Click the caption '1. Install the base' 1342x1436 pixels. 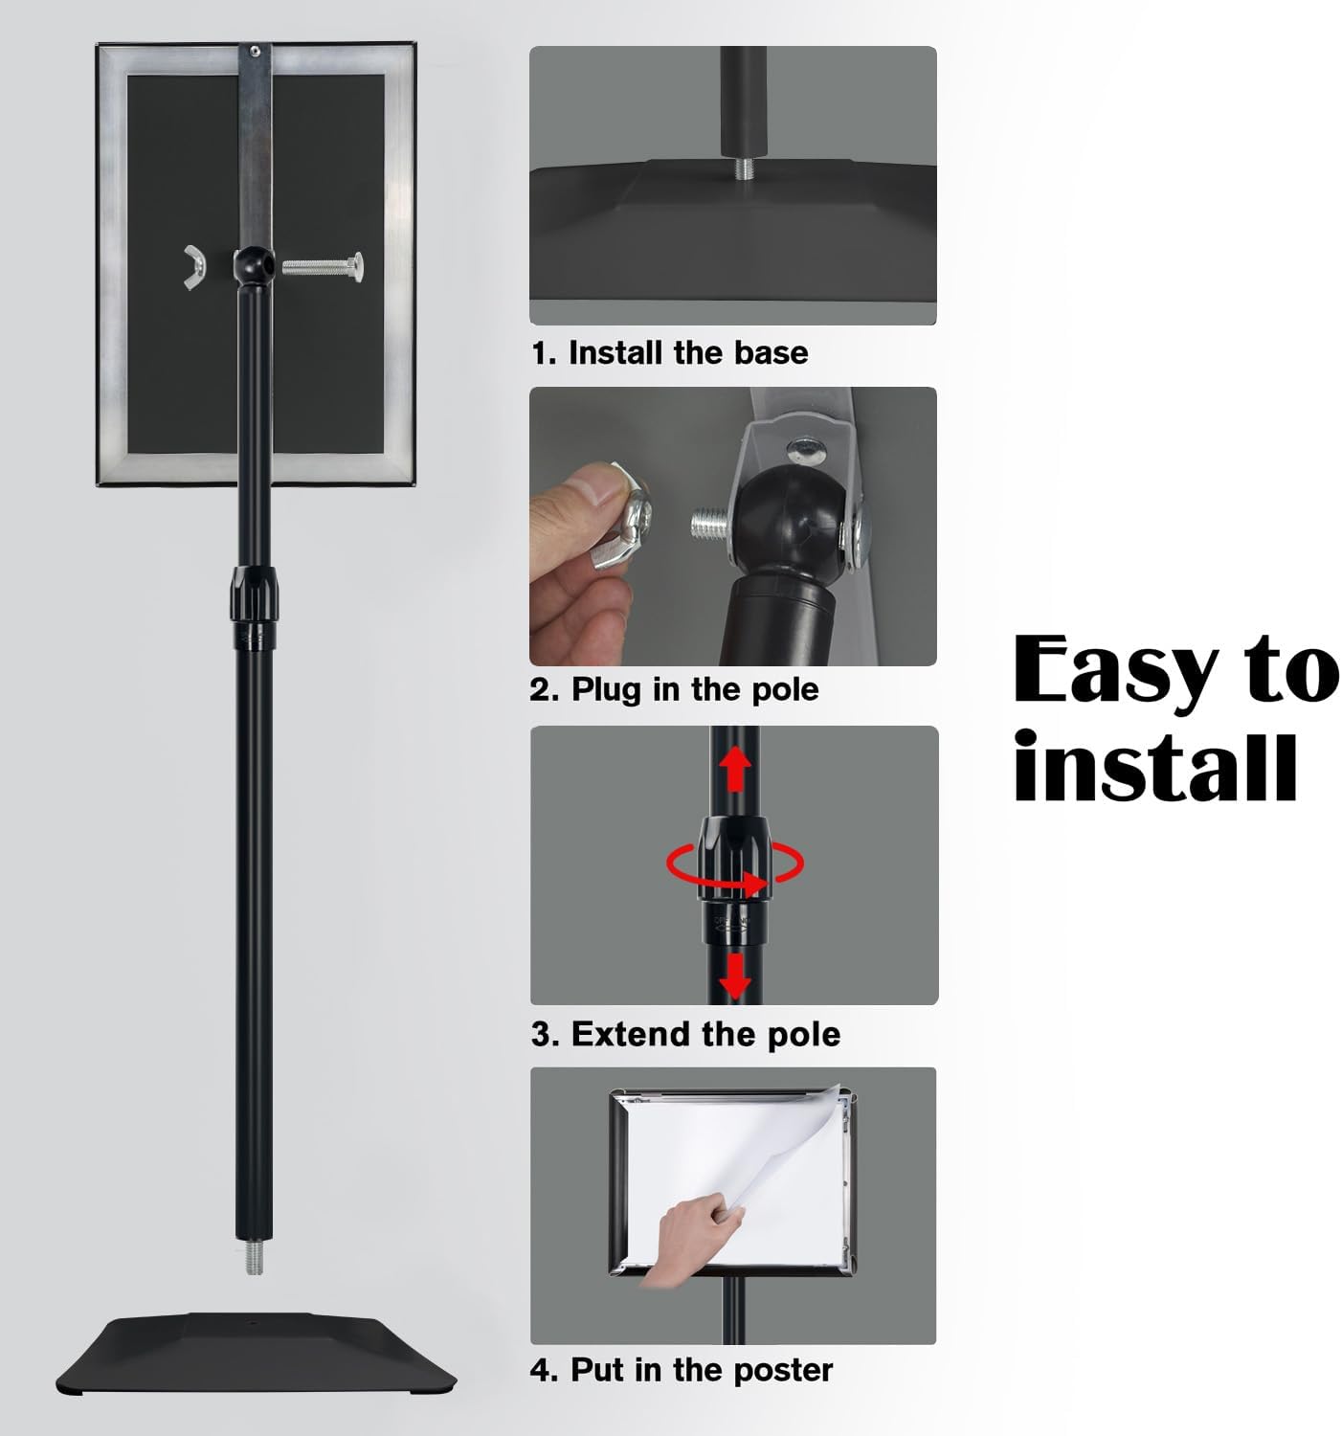(670, 353)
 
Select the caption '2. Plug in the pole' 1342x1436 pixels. (675, 689)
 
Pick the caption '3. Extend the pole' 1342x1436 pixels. (685, 1035)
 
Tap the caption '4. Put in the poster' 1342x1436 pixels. (682, 1370)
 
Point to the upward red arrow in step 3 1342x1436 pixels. (735, 769)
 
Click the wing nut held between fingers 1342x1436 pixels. (621, 519)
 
